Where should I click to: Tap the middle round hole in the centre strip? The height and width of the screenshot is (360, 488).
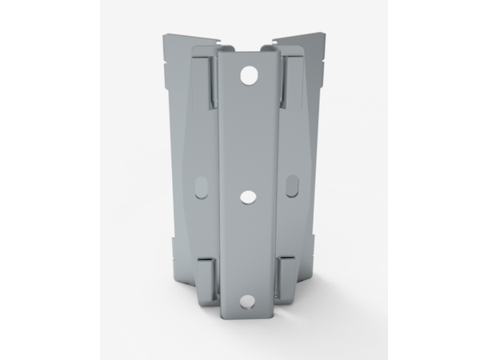(x=247, y=195)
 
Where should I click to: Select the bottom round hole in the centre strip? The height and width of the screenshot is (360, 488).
(x=247, y=302)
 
